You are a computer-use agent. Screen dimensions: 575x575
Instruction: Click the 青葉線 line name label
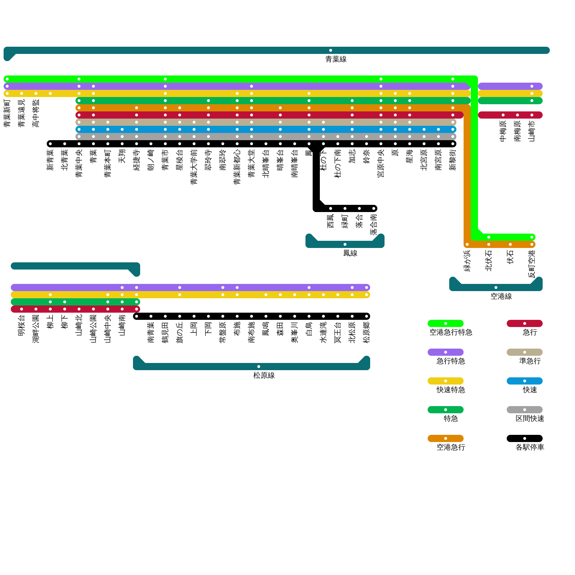tap(336, 59)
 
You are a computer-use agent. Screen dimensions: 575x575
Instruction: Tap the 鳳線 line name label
tap(350, 253)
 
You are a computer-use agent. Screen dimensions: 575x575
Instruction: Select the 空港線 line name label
tap(501, 296)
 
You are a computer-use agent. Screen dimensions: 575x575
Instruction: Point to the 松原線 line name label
tap(264, 376)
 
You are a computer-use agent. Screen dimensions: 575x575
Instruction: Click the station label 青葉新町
tap(7, 114)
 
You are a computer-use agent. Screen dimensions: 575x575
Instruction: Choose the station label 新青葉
tap(50, 160)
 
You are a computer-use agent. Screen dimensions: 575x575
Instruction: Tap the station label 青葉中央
tap(79, 164)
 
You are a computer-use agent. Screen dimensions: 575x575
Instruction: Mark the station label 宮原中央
tap(381, 164)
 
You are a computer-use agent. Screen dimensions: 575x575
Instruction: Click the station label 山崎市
tap(532, 131)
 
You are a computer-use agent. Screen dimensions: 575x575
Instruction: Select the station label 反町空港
tap(532, 264)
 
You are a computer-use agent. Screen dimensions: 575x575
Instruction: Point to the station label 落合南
tap(374, 225)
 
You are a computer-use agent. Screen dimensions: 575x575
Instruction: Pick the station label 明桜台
tap(22, 326)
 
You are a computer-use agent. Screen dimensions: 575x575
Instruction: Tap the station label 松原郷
tap(367, 333)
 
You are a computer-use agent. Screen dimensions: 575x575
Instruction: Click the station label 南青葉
tap(151, 333)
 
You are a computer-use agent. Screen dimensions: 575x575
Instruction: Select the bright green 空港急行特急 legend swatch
tap(445, 323)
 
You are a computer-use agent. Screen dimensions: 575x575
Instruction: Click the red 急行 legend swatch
tap(524, 323)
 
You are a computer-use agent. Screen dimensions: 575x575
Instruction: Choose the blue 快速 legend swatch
tap(524, 381)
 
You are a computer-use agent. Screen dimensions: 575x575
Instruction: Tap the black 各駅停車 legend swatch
tap(524, 438)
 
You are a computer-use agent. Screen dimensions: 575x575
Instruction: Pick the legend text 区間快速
tap(530, 419)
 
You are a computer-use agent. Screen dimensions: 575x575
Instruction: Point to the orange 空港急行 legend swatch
tap(445, 438)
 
